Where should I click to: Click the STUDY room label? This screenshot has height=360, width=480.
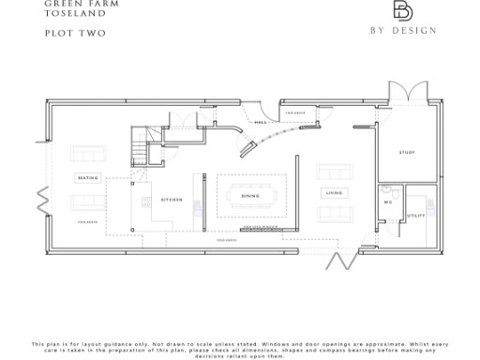406,152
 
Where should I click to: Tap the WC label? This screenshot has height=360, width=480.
387,202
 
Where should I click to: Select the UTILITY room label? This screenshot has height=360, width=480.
415,215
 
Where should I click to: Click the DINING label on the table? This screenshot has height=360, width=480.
249,196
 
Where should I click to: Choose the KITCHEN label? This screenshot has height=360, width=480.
172,199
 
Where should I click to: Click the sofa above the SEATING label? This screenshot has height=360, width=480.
88,155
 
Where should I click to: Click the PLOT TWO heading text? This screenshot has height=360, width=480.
75,34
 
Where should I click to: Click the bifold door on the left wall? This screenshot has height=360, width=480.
41,199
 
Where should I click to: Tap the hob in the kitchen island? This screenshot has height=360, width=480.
146,201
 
